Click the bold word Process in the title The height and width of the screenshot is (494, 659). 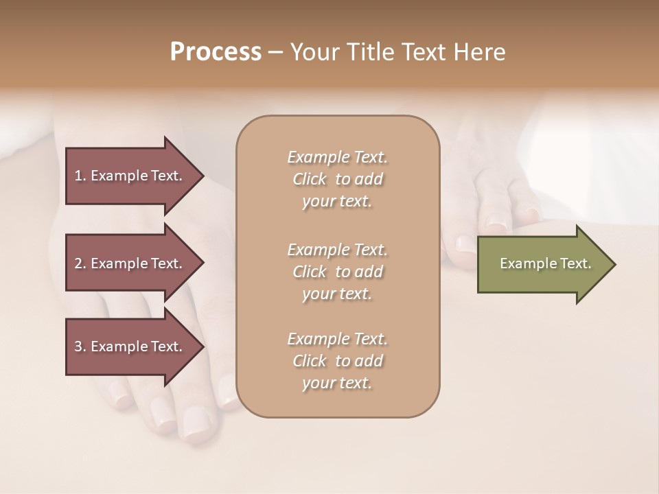point(216,52)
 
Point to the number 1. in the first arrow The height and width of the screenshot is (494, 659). point(80,176)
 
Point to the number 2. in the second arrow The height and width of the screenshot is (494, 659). point(80,263)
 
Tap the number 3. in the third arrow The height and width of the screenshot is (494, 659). point(80,346)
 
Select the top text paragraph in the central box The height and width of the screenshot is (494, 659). point(337,179)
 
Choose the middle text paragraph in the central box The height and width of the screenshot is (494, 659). point(337,271)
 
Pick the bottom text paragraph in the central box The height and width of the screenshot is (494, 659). point(337,361)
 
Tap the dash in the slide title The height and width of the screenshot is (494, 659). point(275,52)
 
